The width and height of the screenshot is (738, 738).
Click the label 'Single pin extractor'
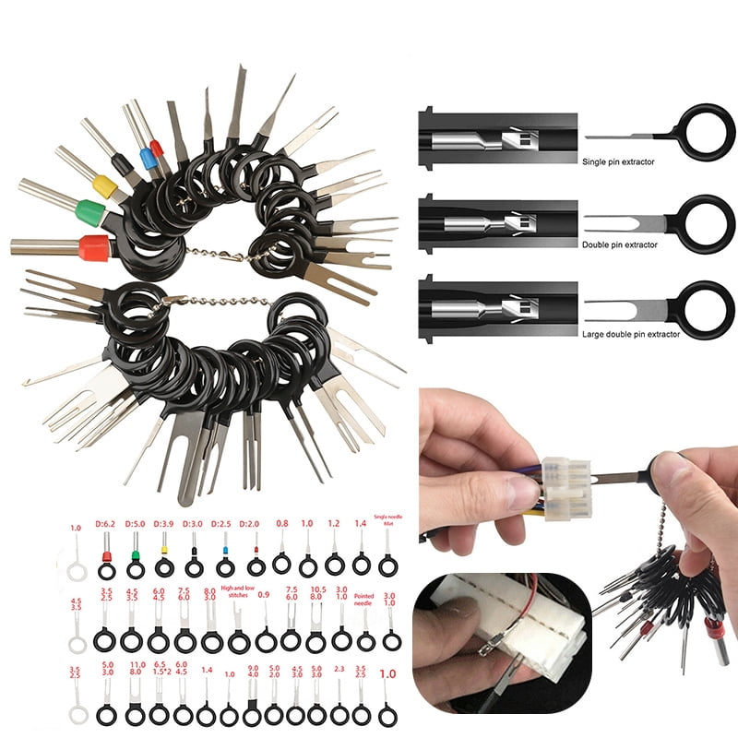[618, 161]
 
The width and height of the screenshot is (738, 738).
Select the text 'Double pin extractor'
[620, 244]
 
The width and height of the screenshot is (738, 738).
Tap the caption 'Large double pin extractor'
[631, 333]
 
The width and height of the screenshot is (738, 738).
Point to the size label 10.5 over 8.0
[316, 593]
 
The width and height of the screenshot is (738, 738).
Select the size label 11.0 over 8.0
[137, 669]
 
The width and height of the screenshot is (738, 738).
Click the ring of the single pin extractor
[708, 131]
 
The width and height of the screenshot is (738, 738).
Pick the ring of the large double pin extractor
[708, 309]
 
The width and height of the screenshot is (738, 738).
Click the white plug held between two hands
[565, 486]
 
